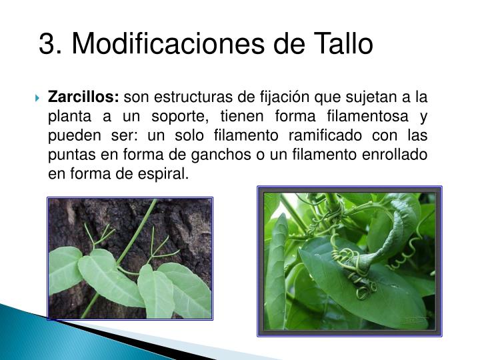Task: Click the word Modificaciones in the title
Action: pyautogui.click(x=169, y=44)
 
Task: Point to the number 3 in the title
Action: pyautogui.click(x=46, y=44)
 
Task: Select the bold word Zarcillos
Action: pyautogui.click(x=83, y=97)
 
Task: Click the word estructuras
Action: pyautogui.click(x=182, y=97)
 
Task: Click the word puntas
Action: pyautogui.click(x=70, y=155)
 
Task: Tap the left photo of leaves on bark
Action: pyautogui.click(x=129, y=257)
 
